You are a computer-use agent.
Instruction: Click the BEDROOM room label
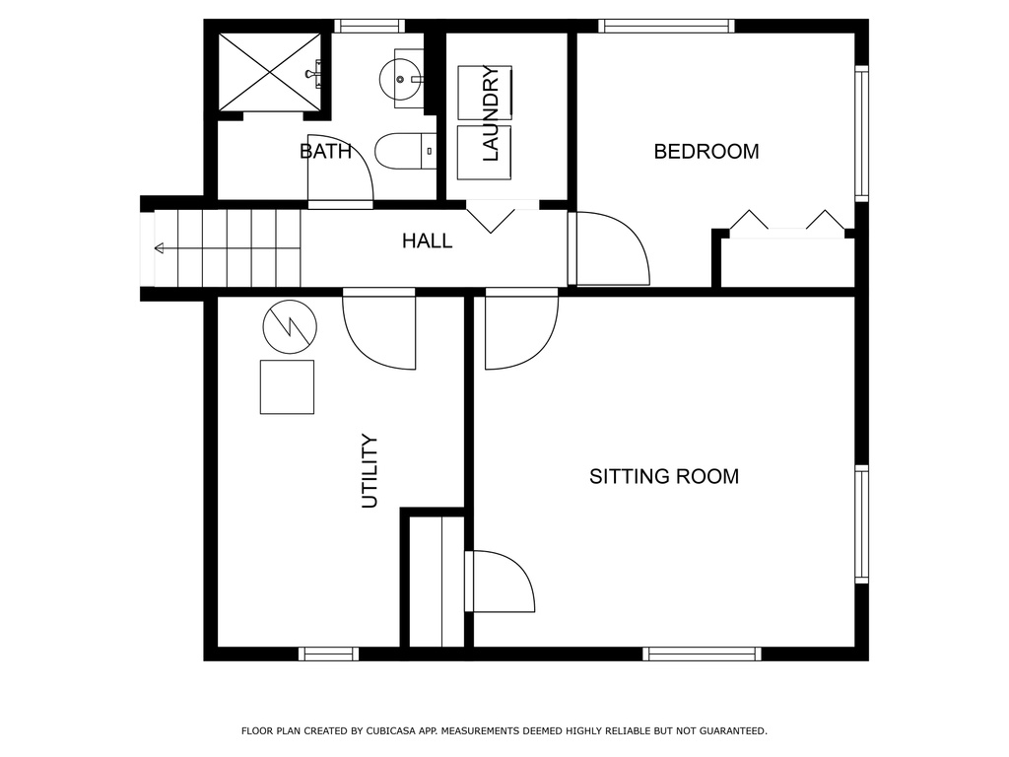click(x=706, y=151)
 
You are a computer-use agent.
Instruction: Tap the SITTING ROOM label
click(x=664, y=476)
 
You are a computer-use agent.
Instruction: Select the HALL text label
click(x=428, y=241)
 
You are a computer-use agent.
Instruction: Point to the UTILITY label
click(x=370, y=471)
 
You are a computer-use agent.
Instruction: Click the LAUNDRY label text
click(x=491, y=113)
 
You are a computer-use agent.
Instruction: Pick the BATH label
click(x=325, y=151)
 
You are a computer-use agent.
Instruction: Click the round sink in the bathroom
click(x=402, y=79)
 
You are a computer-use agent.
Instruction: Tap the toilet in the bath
click(x=405, y=151)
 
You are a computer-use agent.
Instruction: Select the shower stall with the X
click(x=269, y=72)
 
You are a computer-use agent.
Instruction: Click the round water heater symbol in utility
click(x=291, y=326)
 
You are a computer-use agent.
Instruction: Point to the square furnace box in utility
click(x=287, y=386)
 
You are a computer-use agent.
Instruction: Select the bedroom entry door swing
click(x=612, y=248)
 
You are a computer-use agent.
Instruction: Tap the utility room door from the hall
click(x=379, y=328)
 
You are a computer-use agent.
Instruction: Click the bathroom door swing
click(x=340, y=172)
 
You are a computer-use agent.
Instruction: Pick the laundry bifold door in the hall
click(x=491, y=216)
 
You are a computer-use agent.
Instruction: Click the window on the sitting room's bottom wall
click(x=702, y=654)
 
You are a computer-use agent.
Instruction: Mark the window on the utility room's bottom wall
click(x=329, y=654)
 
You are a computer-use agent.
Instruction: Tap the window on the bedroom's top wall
click(x=667, y=27)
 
